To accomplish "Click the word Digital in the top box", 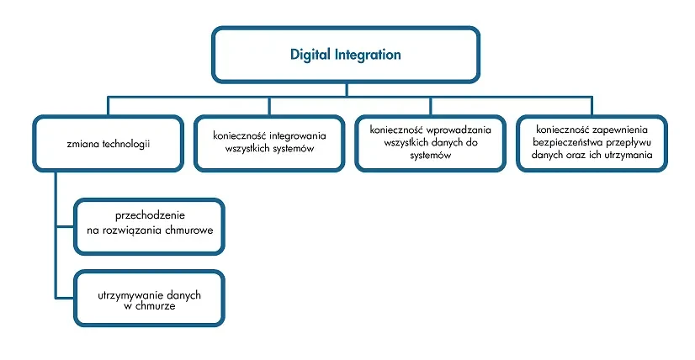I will [x=310, y=55].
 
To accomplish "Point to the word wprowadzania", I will [x=459, y=130].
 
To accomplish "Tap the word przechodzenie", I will [x=149, y=215].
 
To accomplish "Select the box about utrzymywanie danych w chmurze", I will [x=149, y=299].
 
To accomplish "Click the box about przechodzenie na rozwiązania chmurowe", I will [x=149, y=225].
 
